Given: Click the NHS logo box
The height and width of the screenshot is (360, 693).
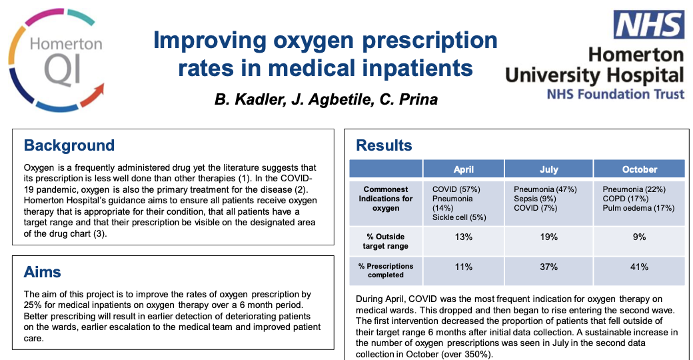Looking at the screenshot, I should tap(648, 25).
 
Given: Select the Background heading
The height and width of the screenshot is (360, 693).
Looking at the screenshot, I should tap(69, 145).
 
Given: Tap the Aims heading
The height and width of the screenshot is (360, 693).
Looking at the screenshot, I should tap(43, 272).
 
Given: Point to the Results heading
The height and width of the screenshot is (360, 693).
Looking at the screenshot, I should tap(384, 145).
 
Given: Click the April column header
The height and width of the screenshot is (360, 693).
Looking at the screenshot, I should tap(463, 169).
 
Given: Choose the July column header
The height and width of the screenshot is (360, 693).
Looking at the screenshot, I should tap(548, 169).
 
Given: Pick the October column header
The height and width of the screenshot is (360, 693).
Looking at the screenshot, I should tap(639, 169).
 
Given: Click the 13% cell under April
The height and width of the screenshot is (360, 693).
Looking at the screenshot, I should tap(463, 237).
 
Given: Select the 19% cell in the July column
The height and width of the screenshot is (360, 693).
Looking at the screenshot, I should tap(548, 237).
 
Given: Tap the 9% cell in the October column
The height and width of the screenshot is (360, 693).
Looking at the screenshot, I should tap(639, 237).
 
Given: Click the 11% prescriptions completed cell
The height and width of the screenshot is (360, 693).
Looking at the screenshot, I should tap(463, 267).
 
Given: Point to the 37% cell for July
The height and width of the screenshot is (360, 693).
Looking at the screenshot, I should tap(548, 267).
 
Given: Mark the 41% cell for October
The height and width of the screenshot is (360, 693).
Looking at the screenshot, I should tap(639, 267).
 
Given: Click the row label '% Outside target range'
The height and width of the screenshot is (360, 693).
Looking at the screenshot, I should tap(386, 241).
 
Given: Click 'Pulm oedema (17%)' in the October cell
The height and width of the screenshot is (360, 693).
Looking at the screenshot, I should tap(636, 207).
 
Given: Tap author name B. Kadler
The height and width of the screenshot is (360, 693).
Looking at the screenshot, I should tap(243, 100).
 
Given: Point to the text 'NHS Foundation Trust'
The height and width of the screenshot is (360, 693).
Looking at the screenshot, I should tap(615, 93).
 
